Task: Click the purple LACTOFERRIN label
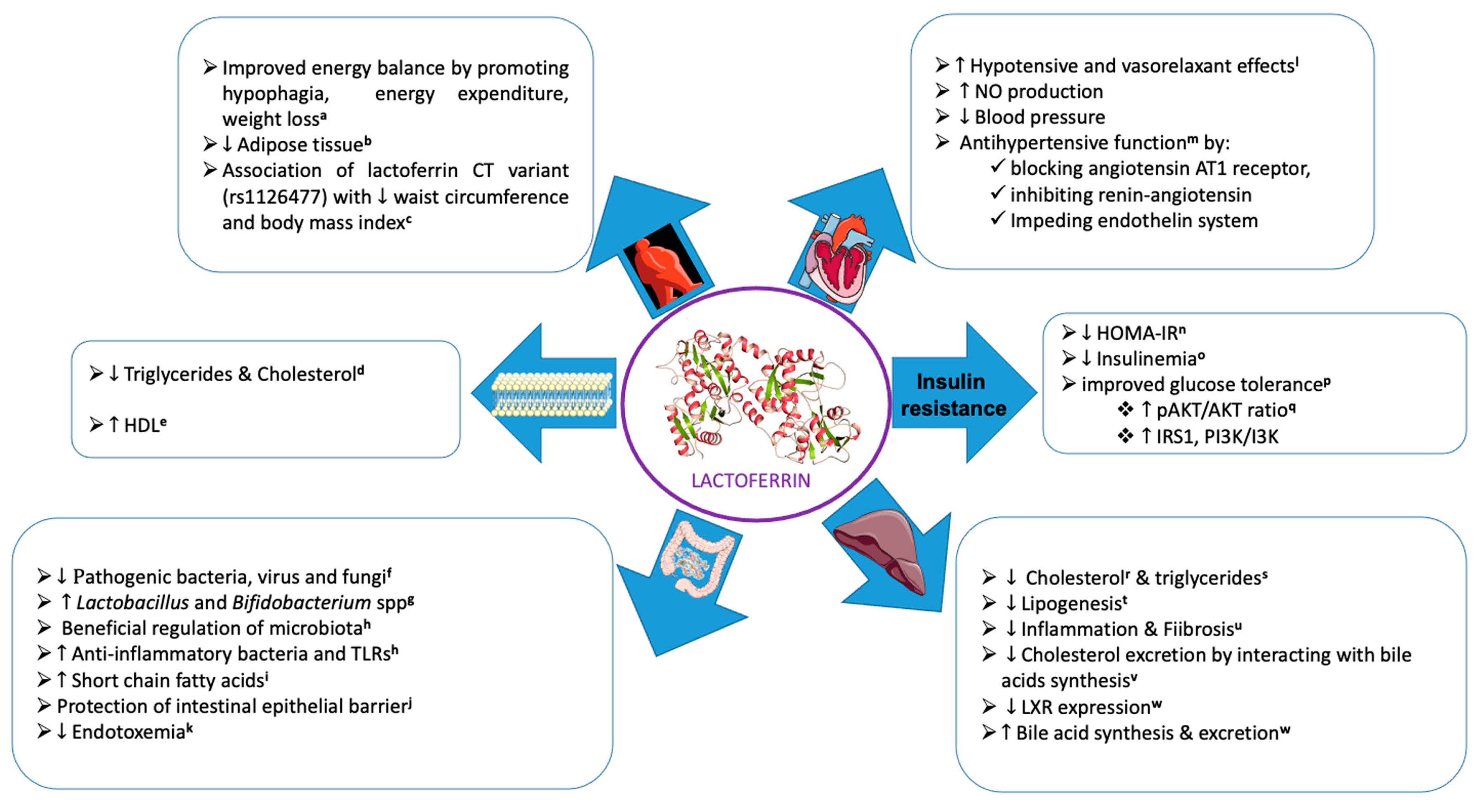tap(750, 480)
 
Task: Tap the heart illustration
tap(839, 258)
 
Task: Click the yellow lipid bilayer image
tap(551, 394)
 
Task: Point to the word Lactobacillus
tap(132, 602)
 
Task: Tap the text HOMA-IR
tap(1137, 333)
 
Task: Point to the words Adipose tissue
tap(300, 144)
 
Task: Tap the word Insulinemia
tap(1146, 359)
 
